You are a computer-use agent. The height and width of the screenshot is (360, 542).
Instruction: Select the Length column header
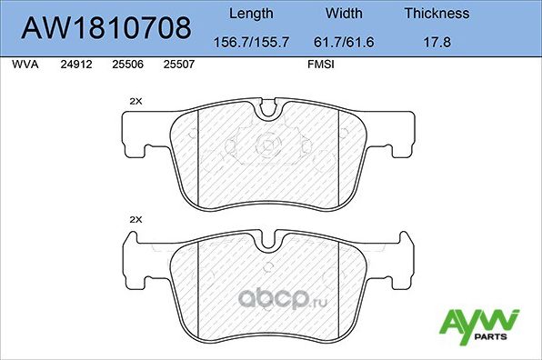pos(250,14)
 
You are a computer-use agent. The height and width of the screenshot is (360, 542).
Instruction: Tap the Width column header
pos(345,14)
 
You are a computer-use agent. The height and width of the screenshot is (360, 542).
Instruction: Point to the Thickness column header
pos(436,14)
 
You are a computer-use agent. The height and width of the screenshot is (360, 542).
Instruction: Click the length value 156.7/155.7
pos(250,41)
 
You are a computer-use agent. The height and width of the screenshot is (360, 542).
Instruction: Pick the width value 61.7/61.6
pos(345,41)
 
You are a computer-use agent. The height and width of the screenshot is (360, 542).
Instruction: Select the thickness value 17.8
pos(436,41)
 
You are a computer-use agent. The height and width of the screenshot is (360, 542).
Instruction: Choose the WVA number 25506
pos(125,65)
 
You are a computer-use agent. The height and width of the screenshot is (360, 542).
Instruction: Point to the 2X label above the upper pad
pos(136,101)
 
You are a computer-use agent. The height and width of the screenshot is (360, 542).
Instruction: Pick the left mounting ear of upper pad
pos(138,131)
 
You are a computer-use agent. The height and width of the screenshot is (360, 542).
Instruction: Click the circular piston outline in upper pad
pos(268,143)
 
